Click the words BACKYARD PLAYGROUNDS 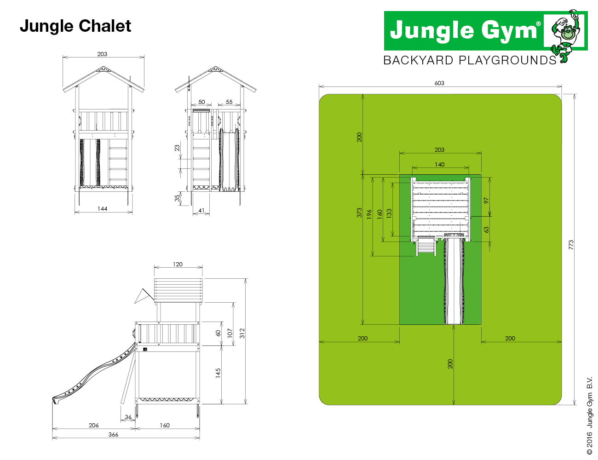pyautogui.click(x=470, y=60)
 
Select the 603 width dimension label pyautogui.click(x=439, y=83)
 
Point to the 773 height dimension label pyautogui.click(x=571, y=245)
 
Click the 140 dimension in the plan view pyautogui.click(x=439, y=165)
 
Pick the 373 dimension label pyautogui.click(x=359, y=213)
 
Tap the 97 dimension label pyautogui.click(x=486, y=201)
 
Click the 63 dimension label pyautogui.click(x=486, y=230)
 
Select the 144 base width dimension pyautogui.click(x=103, y=208)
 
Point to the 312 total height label pyautogui.click(x=242, y=333)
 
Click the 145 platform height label pyautogui.click(x=218, y=373)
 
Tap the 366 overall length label pyautogui.click(x=113, y=435)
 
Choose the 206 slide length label pyautogui.click(x=93, y=425)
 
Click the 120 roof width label pyautogui.click(x=178, y=264)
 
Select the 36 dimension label pyautogui.click(x=128, y=417)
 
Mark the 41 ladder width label pyautogui.click(x=201, y=211)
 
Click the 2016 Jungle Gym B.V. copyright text pyautogui.click(x=589, y=415)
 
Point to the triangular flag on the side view pyautogui.click(x=143, y=296)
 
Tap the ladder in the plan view pyautogui.click(x=426, y=247)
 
